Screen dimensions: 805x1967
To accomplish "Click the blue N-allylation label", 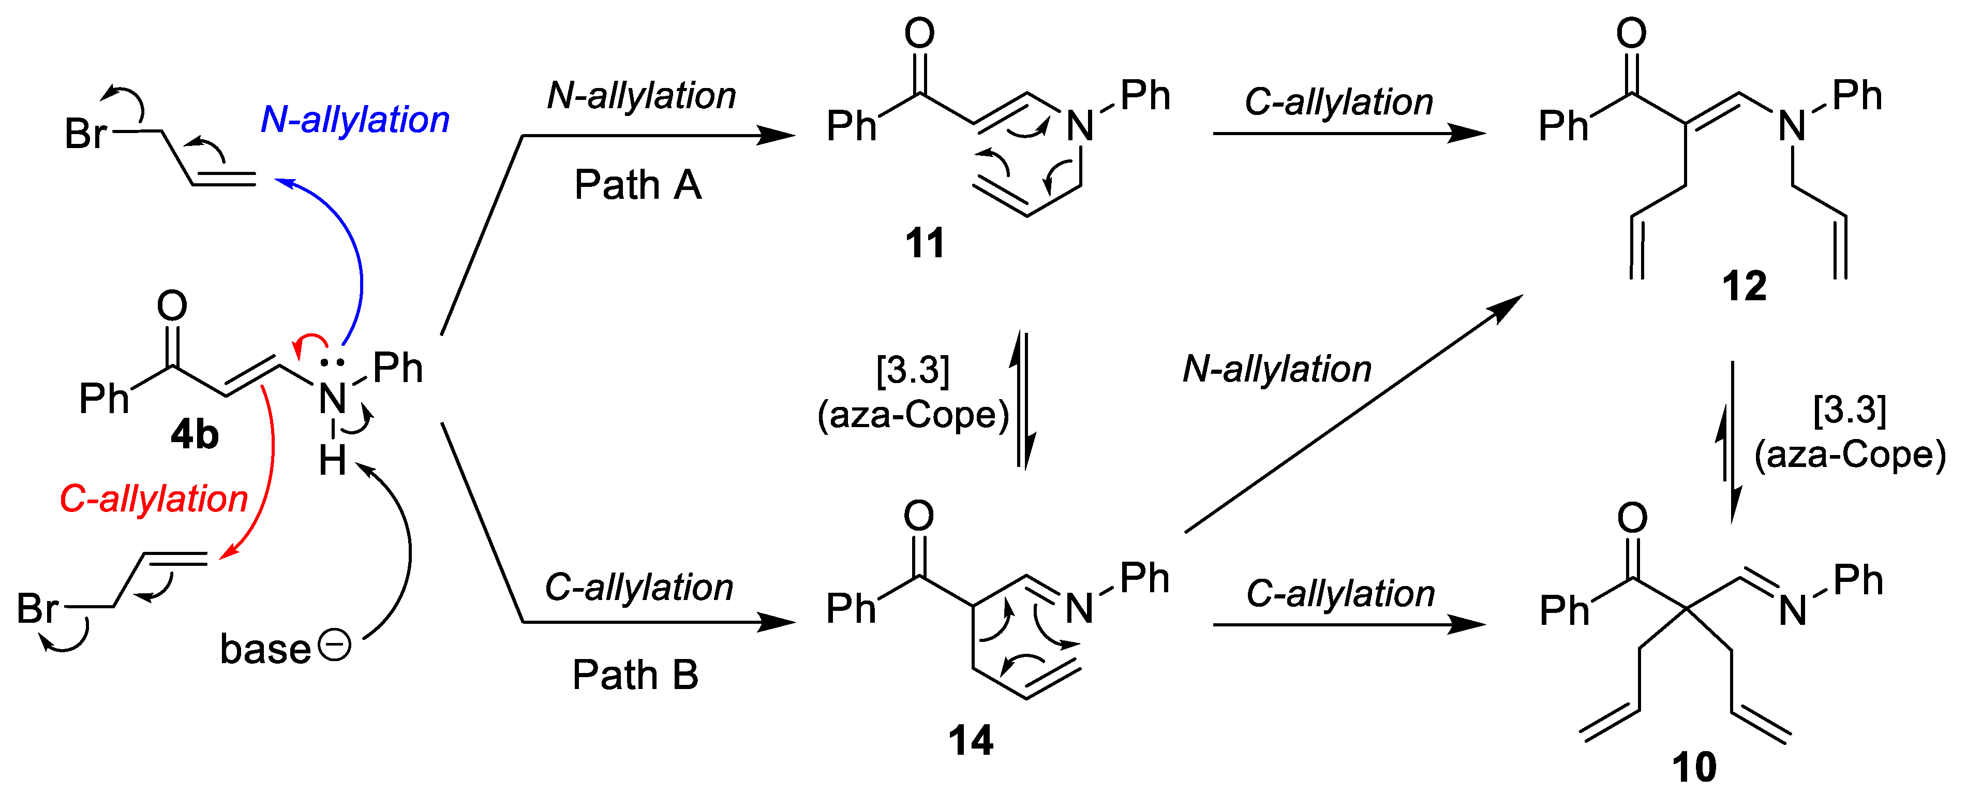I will point(355,120).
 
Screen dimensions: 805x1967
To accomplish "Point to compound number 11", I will point(925,244).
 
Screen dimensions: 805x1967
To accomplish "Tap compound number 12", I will point(1744,286).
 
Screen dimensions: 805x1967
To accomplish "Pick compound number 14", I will point(971,741).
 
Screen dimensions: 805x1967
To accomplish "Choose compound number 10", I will point(1694,767).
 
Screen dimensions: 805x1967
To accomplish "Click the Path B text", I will point(635,675).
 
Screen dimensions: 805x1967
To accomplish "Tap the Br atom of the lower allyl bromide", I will point(37,609).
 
